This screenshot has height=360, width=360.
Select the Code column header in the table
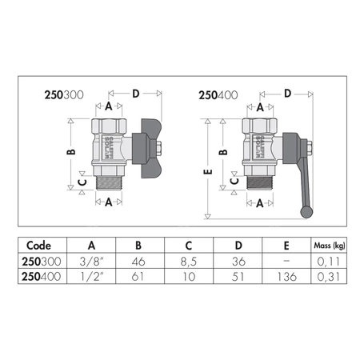click(x=41, y=245)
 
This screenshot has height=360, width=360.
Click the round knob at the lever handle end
click(x=306, y=212)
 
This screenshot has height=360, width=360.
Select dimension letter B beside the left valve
click(x=70, y=151)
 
